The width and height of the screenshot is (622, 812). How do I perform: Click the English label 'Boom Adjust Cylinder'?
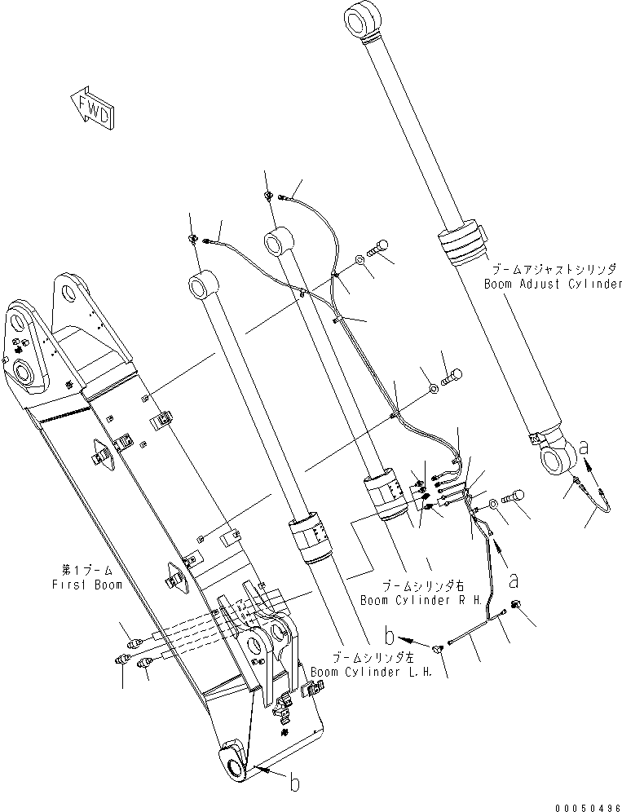553,285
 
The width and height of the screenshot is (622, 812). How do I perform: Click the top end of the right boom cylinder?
275,241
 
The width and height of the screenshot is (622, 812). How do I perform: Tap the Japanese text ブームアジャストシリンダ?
554,268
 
